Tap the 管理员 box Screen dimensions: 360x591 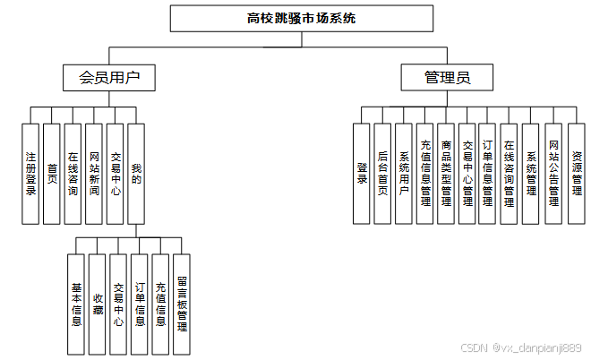coord(447,78)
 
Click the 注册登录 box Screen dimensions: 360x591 coord(30,173)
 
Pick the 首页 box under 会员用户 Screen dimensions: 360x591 coord(52,173)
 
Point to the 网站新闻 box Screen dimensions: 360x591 coord(94,173)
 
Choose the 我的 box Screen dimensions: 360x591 coord(136,173)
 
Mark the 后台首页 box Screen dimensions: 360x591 coord(382,173)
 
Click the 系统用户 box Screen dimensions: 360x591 coord(404,173)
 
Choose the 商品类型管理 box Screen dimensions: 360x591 coord(446,173)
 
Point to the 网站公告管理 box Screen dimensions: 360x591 coord(553,173)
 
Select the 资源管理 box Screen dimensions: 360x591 coord(576,173)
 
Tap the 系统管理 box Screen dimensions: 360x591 coord(531,173)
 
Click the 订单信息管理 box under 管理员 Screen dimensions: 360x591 coord(488,173)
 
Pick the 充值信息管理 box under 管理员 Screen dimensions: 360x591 coord(424,173)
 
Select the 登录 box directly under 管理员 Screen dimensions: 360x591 coord(362,173)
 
